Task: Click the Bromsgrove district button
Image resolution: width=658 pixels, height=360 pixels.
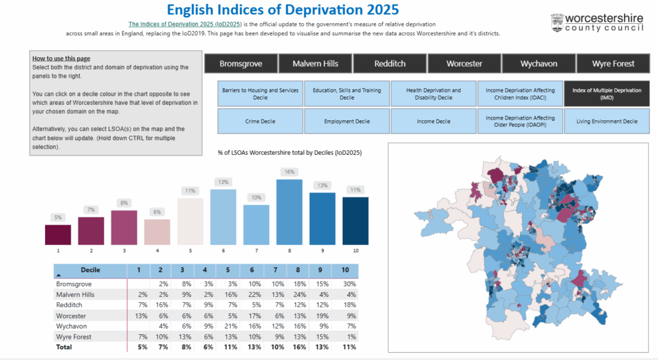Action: tap(241, 64)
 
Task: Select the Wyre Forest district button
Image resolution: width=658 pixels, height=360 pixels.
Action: tap(614, 64)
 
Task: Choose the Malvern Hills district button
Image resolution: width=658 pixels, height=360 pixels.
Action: tap(316, 64)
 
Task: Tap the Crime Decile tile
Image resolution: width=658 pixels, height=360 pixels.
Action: tap(260, 121)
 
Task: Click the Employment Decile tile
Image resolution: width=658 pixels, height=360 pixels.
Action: tap(346, 121)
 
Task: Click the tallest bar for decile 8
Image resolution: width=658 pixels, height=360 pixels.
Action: tap(289, 212)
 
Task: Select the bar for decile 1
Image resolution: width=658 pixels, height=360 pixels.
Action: tap(58, 234)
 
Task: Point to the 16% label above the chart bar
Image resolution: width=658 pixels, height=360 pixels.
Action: tap(289, 172)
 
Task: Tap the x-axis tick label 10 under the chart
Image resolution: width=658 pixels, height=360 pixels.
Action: tap(355, 250)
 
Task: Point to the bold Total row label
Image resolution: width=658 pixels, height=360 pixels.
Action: tap(64, 347)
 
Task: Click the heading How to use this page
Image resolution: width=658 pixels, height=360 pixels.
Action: tap(61, 59)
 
